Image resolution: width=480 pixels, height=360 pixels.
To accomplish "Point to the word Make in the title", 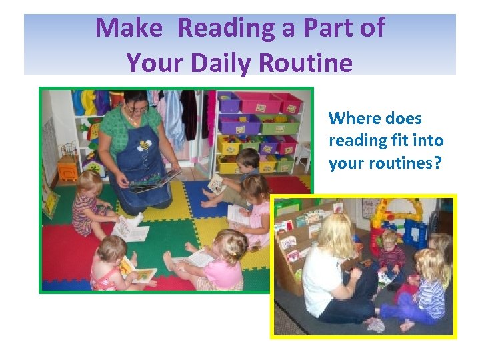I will click(x=129, y=28).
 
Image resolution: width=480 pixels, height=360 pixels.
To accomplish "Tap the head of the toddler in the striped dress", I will click(x=88, y=183).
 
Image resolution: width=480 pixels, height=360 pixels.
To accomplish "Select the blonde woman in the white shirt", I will click(x=333, y=273).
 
